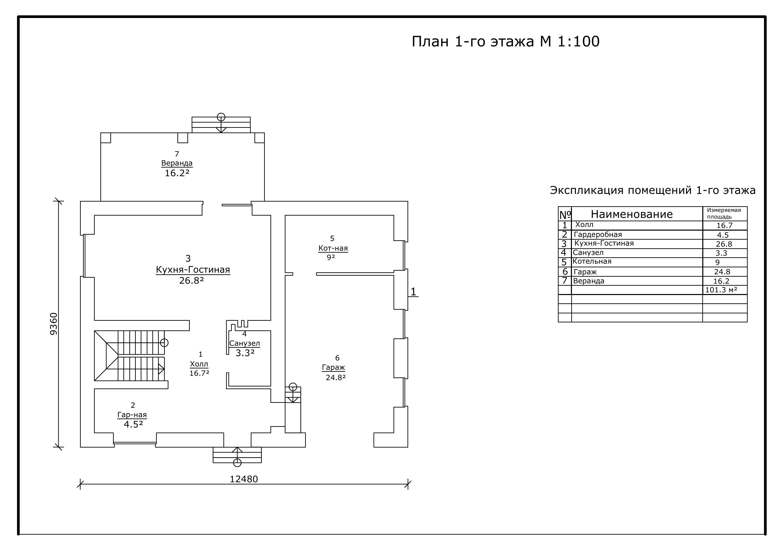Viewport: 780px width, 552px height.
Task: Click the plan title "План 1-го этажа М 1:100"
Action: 506,41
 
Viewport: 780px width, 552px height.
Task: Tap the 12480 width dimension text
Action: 244,479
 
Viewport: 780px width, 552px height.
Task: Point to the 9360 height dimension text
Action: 54,324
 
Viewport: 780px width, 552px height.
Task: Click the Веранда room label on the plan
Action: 177,163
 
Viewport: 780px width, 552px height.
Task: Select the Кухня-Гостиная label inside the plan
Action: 193,270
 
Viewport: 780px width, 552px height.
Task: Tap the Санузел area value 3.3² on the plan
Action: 245,353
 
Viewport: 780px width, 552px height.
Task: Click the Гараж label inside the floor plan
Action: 333,367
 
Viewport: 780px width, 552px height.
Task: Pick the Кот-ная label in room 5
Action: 333,248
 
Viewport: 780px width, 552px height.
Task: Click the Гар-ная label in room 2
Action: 132,415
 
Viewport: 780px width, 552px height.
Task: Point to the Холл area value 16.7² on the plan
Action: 199,373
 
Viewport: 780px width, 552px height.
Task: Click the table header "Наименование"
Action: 632,214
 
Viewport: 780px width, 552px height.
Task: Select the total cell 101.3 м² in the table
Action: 721,290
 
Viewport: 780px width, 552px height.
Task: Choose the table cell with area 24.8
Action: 722,272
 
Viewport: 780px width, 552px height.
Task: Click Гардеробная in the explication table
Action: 598,235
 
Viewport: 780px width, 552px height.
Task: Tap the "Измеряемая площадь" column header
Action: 724,214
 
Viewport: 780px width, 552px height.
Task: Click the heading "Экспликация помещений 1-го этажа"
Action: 653,190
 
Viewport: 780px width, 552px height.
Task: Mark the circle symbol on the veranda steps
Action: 221,117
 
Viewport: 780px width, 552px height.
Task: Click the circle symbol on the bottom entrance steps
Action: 237,463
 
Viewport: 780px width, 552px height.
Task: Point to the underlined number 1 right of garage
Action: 413,292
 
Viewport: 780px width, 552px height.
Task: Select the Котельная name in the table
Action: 592,261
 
